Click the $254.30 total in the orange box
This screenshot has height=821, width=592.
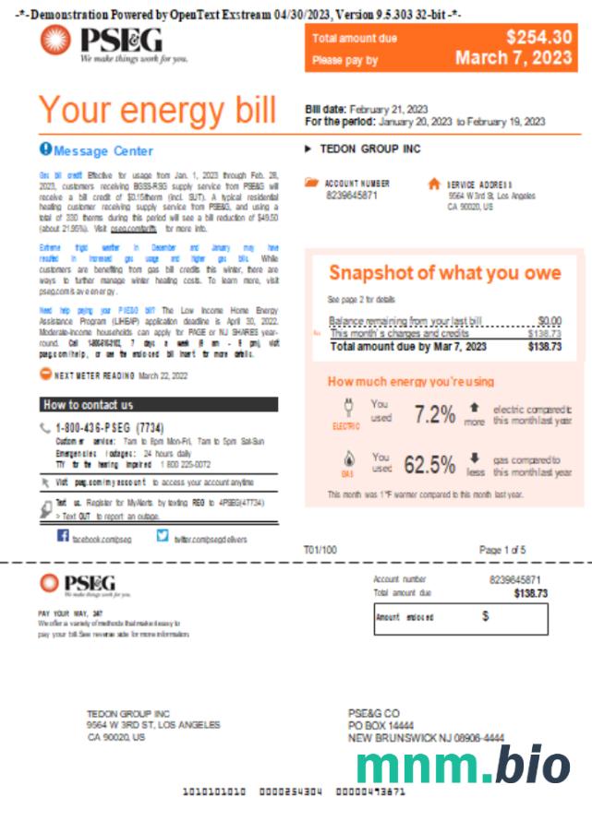click(538, 37)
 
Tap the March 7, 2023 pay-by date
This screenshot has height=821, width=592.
click(513, 58)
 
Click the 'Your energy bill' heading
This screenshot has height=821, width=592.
click(157, 111)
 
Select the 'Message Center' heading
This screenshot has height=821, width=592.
click(103, 150)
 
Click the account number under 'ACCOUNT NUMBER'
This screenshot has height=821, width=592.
click(352, 196)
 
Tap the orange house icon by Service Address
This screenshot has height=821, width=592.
click(434, 184)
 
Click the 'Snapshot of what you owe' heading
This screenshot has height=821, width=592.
click(444, 273)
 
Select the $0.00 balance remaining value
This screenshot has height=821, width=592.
click(549, 321)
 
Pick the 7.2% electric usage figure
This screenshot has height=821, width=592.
click(435, 414)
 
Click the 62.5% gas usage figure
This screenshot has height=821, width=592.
click(429, 464)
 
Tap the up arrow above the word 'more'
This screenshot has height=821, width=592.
click(474, 406)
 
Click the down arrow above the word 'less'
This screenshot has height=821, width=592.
click(475, 457)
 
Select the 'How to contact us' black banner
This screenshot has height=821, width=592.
click(159, 404)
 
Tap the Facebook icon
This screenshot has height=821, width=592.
click(64, 535)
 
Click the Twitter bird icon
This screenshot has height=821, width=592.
click(163, 535)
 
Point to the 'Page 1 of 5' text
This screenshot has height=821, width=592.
click(502, 550)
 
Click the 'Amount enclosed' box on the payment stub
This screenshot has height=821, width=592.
click(460, 617)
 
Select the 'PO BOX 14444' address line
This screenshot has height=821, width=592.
click(381, 726)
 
